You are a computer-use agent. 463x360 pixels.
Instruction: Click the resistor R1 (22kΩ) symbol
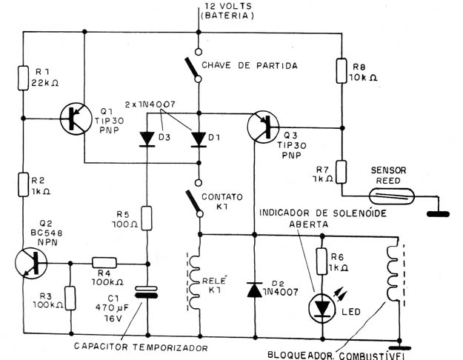23,78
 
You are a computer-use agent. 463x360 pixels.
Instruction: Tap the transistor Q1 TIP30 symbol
76,119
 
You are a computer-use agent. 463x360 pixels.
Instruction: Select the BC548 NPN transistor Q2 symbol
31,263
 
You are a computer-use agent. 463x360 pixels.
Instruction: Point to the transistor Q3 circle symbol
263,127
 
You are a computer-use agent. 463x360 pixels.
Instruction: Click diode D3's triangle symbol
147,139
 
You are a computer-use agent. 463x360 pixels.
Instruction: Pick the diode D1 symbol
199,139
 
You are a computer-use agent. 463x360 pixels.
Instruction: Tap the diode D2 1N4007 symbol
255,290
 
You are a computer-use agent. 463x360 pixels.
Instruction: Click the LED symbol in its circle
322,308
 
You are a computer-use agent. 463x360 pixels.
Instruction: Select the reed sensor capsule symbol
392,196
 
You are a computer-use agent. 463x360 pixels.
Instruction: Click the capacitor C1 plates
146,292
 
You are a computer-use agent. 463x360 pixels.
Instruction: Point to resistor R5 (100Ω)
147,219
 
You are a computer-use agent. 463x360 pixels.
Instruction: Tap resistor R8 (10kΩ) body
342,70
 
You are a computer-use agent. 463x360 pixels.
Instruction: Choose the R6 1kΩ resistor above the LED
322,261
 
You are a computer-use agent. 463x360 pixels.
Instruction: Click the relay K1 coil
194,281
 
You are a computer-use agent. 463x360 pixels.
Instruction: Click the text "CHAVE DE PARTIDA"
250,65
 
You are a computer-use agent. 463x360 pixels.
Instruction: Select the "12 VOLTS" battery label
229,6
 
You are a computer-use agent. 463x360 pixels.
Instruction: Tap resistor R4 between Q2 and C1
104,262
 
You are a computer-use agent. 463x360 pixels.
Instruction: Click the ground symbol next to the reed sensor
439,214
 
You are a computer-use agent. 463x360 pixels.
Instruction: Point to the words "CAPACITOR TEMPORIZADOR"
141,347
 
